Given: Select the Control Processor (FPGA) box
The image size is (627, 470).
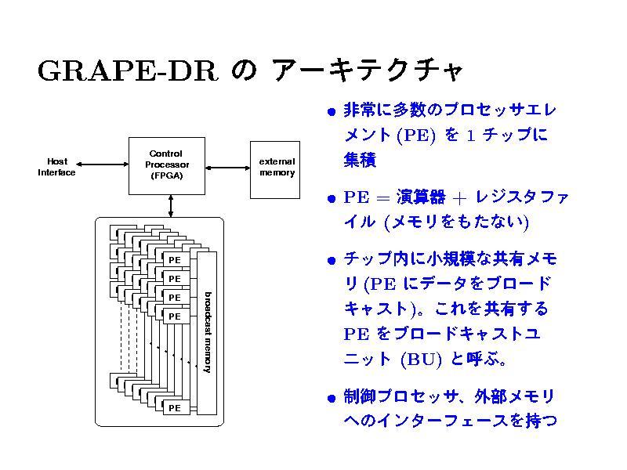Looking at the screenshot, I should tap(165, 165).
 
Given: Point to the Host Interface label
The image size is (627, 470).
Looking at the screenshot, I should tap(56, 166).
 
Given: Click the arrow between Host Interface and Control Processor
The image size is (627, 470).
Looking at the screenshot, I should tap(103, 165).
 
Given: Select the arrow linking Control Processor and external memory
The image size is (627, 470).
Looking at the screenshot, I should tap(227, 166).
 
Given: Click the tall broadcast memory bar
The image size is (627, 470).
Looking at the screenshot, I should tap(206, 333).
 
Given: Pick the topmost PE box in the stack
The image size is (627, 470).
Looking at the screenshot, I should tap(174, 259).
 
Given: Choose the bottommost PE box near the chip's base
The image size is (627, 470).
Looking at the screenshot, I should tap(174, 407).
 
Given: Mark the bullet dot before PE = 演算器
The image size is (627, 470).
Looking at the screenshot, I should tap(332, 198).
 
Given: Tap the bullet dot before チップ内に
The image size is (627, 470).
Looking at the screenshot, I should tap(332, 260).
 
